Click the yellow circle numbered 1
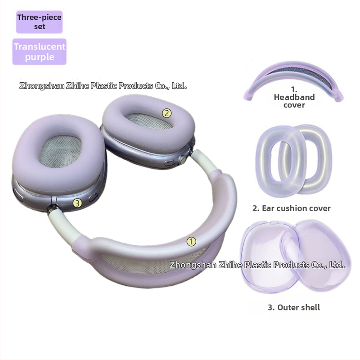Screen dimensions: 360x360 [x=191, y=242]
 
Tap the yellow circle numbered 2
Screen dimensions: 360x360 [x=167, y=113]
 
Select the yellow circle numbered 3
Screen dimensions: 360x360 [x=78, y=203]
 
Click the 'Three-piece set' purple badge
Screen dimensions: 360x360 [x=39, y=22]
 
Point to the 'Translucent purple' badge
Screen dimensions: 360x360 [x=40, y=52]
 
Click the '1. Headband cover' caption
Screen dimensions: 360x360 [x=294, y=97]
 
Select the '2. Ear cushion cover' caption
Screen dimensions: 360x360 [x=292, y=208]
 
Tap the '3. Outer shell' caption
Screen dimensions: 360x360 [x=293, y=307]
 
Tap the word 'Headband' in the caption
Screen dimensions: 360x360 [x=294, y=97]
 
